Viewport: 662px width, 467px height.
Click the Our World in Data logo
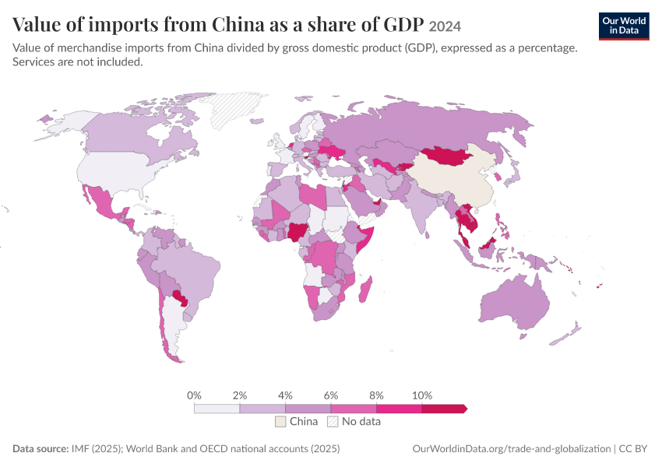[x=624, y=26]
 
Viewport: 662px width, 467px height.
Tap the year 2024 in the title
[x=445, y=26]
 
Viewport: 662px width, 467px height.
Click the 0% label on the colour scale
[x=194, y=395]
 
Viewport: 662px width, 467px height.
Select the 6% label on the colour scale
[x=331, y=395]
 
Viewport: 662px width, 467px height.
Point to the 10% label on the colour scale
[x=422, y=395]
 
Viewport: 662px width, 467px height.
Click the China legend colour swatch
[x=280, y=421]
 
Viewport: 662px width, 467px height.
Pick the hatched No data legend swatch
[x=333, y=421]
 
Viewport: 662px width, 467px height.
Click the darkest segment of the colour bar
[x=444, y=409]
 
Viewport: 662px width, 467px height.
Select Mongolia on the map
[x=448, y=156]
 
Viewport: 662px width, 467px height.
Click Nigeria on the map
[x=299, y=231]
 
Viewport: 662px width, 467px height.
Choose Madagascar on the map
[x=366, y=290]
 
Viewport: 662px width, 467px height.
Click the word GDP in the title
[x=403, y=24]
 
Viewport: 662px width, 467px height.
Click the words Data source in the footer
[x=40, y=448]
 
